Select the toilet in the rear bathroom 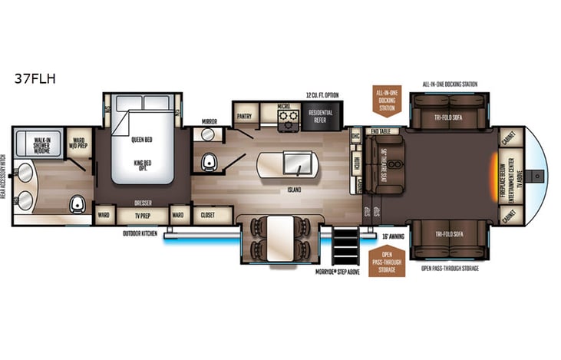click(76, 204)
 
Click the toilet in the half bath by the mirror click(207, 162)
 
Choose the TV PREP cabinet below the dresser click(144, 216)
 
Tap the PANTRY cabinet click(245, 116)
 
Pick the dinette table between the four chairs click(278, 237)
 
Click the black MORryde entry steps click(345, 246)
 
